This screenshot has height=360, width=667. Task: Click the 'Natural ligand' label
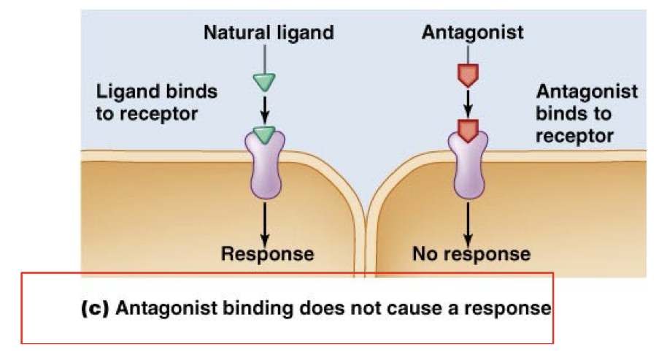coord(269,33)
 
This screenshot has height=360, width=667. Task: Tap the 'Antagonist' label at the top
coord(472,33)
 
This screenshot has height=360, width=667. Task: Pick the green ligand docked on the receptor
coord(265,134)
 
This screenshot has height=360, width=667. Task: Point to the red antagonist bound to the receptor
coord(467,130)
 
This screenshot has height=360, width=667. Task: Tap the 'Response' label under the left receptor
coord(267,254)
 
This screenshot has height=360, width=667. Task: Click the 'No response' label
coord(471,254)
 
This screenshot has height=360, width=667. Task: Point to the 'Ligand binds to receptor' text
coord(156,103)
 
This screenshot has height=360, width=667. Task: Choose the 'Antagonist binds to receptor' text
coord(586,113)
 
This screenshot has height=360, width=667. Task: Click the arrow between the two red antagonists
coord(467,102)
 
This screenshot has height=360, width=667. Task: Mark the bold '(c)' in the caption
coord(94,308)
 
